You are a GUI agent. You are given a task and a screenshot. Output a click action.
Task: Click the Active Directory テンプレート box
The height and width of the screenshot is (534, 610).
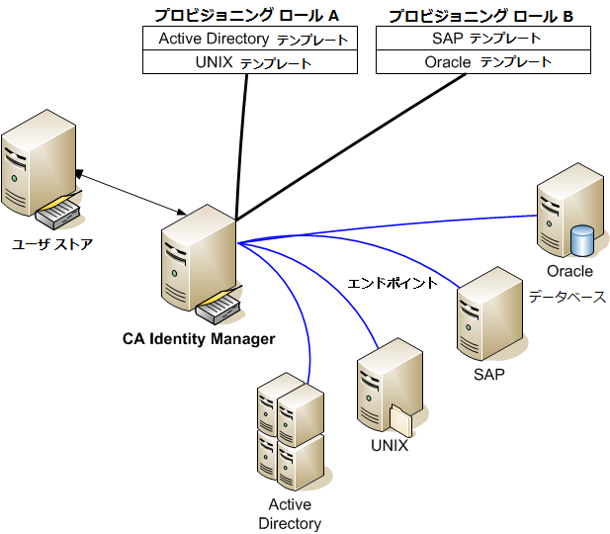[250, 39]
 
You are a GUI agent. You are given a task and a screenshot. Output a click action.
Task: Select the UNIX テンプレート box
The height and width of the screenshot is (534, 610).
[250, 62]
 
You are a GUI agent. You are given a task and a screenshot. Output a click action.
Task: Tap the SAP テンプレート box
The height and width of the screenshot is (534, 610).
[483, 39]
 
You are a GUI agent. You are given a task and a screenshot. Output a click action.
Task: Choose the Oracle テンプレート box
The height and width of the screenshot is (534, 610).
[483, 62]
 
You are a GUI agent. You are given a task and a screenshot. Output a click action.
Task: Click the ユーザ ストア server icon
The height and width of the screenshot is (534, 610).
[40, 170]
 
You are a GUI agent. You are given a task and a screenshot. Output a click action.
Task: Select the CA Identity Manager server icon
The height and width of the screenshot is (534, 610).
[198, 262]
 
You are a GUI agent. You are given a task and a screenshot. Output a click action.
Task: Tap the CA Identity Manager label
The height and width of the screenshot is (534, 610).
[198, 339]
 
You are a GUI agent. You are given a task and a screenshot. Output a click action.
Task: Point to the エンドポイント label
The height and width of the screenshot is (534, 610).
[392, 284]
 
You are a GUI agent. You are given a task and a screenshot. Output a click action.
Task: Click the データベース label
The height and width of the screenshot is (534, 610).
[566, 296]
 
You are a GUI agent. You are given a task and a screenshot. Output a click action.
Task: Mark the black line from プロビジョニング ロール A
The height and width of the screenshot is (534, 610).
[241, 148]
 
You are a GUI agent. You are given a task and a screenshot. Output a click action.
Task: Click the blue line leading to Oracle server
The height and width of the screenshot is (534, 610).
[395, 228]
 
